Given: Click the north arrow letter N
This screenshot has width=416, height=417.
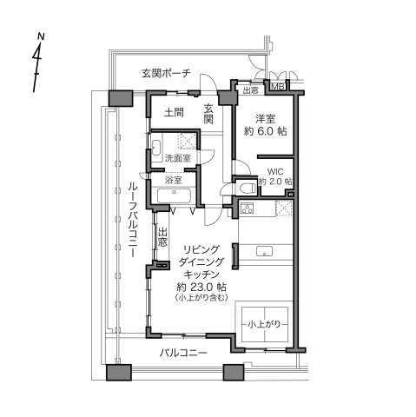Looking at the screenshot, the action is pos(41,36).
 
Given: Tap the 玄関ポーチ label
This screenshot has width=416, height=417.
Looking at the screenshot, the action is pos(166,73).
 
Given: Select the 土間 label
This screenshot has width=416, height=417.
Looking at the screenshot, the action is pos(174,112).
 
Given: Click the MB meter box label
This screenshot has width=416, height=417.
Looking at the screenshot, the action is pos(278,87).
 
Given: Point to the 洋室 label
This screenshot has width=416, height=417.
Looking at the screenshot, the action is pos(265,119).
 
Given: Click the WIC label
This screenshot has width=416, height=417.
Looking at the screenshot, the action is pos(275,171).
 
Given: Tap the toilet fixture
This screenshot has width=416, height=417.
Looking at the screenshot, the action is pos(248,188).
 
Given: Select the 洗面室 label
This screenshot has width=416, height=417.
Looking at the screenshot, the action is pos(178,158).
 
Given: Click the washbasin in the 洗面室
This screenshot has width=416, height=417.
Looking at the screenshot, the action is pos(156,147).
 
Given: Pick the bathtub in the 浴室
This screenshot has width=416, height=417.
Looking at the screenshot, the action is pos(174,195).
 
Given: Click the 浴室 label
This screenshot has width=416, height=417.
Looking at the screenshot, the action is pos(173,181).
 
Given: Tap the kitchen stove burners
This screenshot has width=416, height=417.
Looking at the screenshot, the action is pos(248,208).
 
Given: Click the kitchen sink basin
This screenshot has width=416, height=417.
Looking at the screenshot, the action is pos(264,251).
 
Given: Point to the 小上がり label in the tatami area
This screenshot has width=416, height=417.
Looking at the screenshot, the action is pos(264,324).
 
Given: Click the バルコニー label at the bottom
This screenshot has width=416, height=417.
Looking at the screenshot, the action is pos(183,353).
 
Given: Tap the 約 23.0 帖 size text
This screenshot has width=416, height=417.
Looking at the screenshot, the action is pos(201,288).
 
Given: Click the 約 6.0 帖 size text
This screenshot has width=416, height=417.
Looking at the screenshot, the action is pos(266,132).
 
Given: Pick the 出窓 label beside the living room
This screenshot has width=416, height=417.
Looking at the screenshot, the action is pos(162,237).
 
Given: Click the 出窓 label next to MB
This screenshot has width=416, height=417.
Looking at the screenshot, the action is pos(250,90).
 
